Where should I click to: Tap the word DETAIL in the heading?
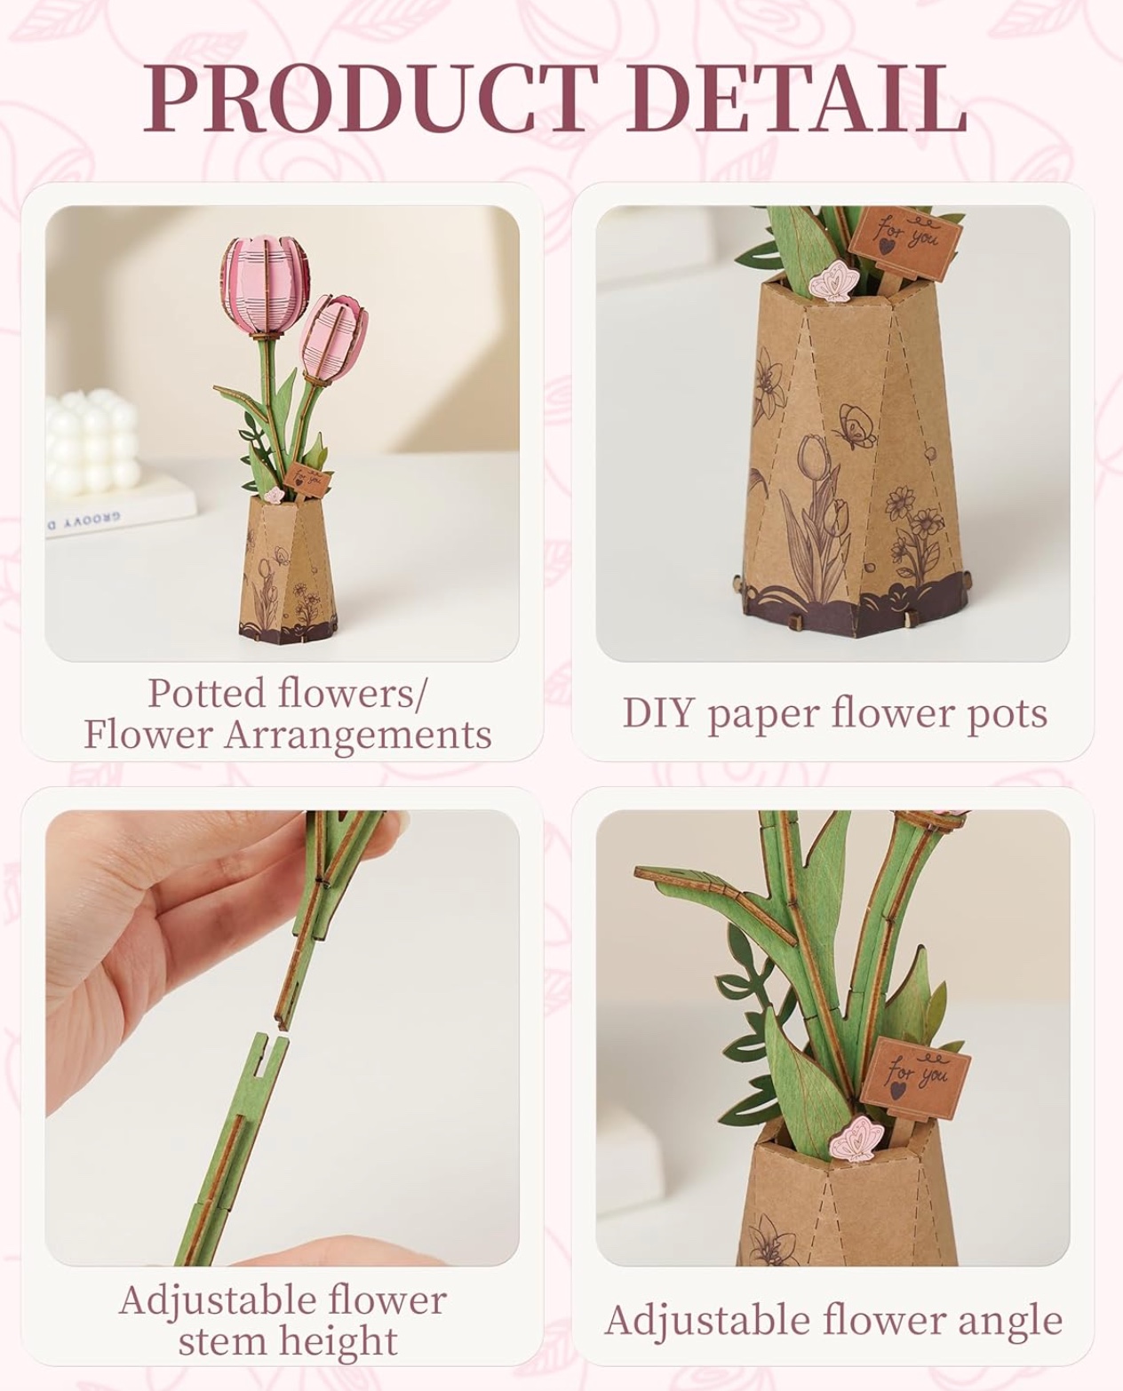point(800,99)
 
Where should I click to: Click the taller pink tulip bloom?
point(258,287)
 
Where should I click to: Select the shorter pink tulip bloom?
point(333,338)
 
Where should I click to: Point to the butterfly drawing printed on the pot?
point(856,425)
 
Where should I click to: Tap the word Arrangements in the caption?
point(358,736)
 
